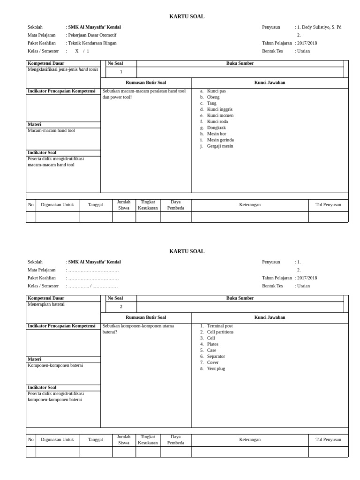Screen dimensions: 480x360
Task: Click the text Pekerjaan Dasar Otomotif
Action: coord(92,35)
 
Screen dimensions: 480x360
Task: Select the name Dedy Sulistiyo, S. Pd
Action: coord(321,27)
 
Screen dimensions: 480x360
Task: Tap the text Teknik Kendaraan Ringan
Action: coord(92,43)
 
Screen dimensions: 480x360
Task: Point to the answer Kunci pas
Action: coord(216,91)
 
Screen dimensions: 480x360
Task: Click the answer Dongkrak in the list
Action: coord(216,127)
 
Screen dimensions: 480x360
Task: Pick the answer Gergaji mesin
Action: coord(220,146)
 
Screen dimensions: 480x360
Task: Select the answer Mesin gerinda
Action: coord(220,140)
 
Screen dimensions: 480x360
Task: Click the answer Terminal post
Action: coord(219,326)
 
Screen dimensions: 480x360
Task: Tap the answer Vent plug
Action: coord(216,368)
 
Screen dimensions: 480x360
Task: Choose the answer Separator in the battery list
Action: coord(216,356)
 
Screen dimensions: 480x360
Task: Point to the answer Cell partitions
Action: coord(220,332)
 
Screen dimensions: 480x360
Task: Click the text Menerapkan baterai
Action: coord(46,304)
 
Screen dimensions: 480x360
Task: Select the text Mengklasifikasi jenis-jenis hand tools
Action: coord(63,69)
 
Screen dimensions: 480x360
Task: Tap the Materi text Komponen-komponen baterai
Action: coord(55,365)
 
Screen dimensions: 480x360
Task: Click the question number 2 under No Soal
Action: coord(121,307)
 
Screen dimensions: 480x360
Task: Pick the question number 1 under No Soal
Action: coord(121,72)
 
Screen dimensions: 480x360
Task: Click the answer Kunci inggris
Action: coord(219,109)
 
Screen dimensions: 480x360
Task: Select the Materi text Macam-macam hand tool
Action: coord(51,130)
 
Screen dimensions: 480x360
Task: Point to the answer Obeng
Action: coord(213,97)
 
